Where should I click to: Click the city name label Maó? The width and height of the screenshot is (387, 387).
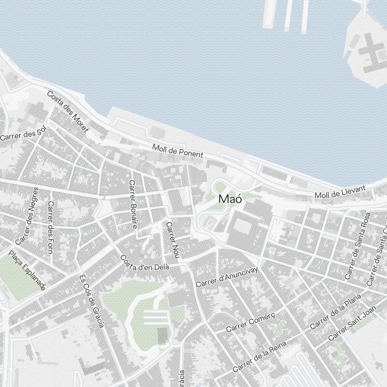tap(230, 199)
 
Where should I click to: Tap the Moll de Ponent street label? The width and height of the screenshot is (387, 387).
tap(177, 151)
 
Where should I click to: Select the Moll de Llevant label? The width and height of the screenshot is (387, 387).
tap(340, 192)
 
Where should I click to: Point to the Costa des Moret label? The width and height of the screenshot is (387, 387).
tap(67, 111)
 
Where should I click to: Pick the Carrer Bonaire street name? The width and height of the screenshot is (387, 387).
tap(133, 204)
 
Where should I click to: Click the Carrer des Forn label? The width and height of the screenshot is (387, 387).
tap(50, 227)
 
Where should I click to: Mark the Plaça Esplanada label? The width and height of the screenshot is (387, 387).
tap(27, 270)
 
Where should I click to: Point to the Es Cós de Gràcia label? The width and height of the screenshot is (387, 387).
tap(91, 301)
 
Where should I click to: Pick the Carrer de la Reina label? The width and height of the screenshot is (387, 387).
tap(259, 356)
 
